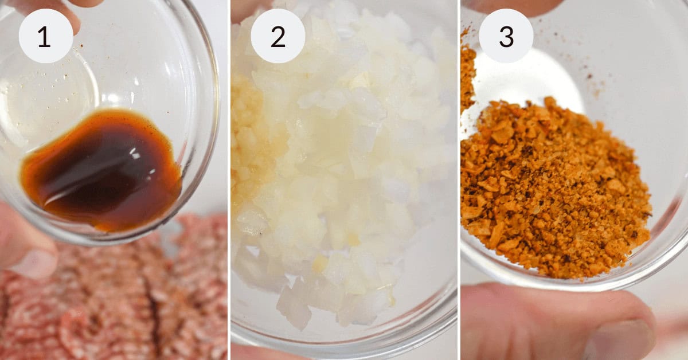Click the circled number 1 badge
pyautogui.click(x=46, y=36)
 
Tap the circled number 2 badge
pyautogui.click(x=277, y=36)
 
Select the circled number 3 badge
pyautogui.click(x=506, y=36)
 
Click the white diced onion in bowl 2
pyautogui.click(x=344, y=172)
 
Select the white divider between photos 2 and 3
pyautogui.click(x=459, y=180)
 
